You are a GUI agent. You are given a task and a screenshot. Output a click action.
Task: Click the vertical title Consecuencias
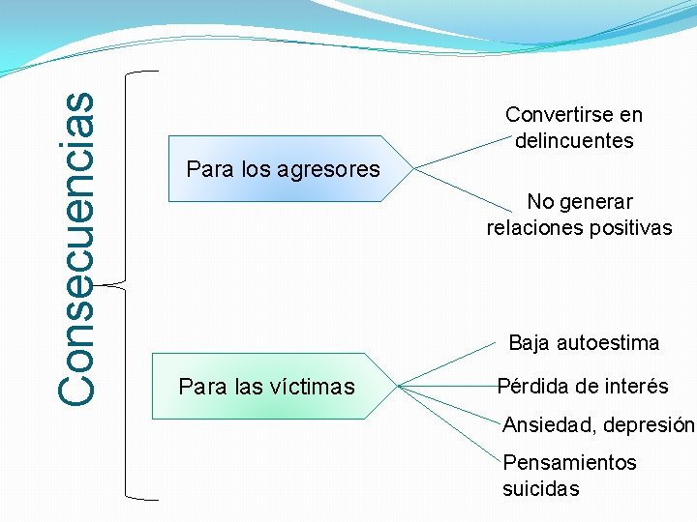point(76,247)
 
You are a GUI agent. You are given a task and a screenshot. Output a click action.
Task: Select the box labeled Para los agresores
point(283,169)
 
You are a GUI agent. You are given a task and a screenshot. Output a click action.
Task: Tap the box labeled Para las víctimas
point(266,388)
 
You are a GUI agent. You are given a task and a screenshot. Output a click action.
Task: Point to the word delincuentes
point(574,141)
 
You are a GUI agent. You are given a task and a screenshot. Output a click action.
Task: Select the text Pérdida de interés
point(583,387)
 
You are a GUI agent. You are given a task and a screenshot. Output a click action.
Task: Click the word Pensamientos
point(569,463)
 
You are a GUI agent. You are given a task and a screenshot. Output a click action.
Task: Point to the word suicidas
point(540,489)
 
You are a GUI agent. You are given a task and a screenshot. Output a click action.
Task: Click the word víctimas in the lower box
point(307,388)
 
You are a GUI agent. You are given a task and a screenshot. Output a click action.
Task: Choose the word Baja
point(529,343)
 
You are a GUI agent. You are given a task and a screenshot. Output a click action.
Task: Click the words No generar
point(579,202)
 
